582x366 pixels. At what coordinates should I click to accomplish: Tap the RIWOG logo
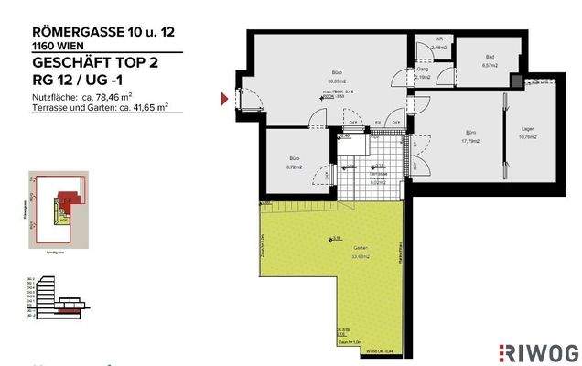[x=537, y=350]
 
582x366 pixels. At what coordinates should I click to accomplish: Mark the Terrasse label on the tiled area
[x=377, y=174]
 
